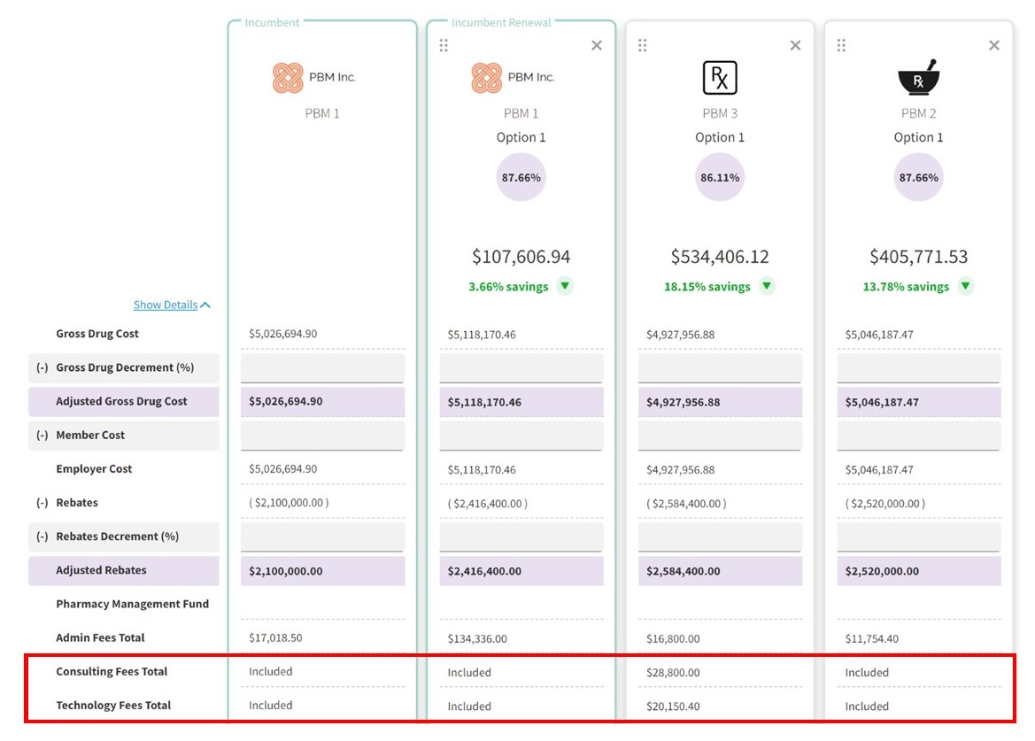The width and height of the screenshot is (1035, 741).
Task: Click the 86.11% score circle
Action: (x=720, y=177)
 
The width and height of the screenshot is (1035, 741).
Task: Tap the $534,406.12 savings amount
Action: (x=720, y=257)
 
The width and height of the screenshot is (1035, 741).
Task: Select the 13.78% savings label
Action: (x=906, y=287)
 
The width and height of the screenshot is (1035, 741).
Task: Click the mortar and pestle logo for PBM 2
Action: (x=918, y=78)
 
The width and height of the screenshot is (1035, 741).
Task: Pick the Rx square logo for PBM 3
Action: (x=720, y=78)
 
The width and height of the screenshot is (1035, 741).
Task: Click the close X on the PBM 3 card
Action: (x=795, y=45)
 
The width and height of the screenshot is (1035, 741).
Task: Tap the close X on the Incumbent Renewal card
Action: (x=597, y=45)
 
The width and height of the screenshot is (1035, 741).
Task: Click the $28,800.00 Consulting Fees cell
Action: (x=673, y=673)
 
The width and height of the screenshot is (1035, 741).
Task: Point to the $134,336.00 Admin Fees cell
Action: (x=477, y=638)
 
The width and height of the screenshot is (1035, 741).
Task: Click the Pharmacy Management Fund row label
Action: (x=133, y=604)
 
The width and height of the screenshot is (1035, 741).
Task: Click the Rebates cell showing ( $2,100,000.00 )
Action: (x=289, y=503)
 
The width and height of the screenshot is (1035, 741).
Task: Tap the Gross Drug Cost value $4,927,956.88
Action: (x=680, y=335)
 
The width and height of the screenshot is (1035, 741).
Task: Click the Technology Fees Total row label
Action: (x=113, y=706)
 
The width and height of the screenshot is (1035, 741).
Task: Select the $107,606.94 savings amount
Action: (x=521, y=257)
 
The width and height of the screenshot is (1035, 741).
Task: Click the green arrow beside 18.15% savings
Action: (x=767, y=286)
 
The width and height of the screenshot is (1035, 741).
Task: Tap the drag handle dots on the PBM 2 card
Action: (x=841, y=45)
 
